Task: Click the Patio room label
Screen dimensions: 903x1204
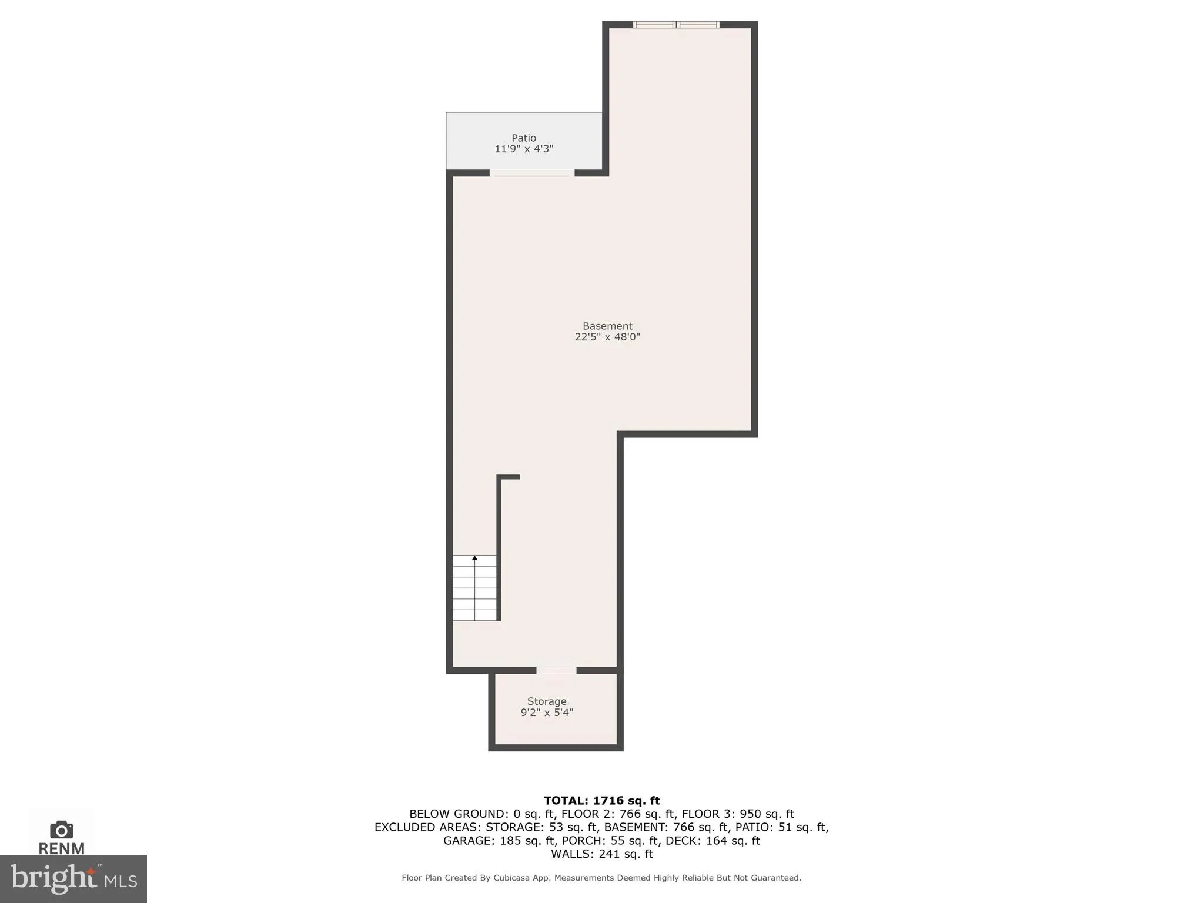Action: pos(523,138)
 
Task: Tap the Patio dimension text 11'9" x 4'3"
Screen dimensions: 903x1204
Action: pos(523,149)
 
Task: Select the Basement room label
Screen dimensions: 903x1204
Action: pos(607,326)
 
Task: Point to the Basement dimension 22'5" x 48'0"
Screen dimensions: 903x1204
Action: pos(607,337)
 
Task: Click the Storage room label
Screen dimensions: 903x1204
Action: pos(547,701)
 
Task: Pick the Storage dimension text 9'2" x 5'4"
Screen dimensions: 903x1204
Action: pos(547,713)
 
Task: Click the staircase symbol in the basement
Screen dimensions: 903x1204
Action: pos(474,588)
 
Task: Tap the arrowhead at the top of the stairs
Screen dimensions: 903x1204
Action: pos(474,558)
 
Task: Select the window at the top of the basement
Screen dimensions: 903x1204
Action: pos(676,25)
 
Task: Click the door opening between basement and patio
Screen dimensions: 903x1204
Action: pos(532,173)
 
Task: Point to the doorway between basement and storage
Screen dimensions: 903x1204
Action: pos(556,670)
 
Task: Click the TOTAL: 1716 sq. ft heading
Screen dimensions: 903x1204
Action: pos(601,801)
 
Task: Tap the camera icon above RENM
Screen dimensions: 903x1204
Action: pos(62,830)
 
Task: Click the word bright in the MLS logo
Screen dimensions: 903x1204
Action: pos(53,878)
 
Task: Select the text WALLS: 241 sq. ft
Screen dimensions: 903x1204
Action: pos(601,854)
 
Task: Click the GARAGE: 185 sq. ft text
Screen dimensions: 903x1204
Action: pos(499,841)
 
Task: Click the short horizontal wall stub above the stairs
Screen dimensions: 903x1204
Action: pos(509,477)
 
